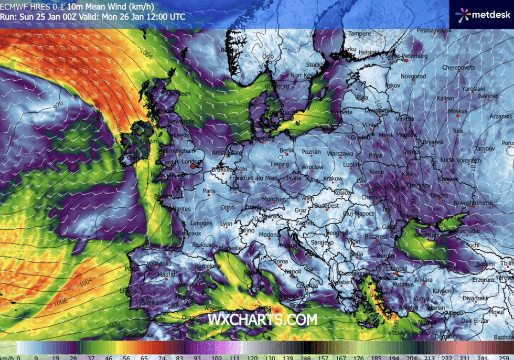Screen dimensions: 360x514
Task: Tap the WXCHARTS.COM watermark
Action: coord(262,319)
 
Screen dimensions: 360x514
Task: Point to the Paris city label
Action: coord(210,191)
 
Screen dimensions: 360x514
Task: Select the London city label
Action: coord(191,162)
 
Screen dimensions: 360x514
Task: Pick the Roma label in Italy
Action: coord(281,261)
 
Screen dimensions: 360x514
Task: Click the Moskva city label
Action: coord(457,111)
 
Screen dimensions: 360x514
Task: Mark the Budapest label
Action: coord(327,206)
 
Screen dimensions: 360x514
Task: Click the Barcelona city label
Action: coord(208,266)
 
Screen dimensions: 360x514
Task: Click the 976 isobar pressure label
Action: coord(58,104)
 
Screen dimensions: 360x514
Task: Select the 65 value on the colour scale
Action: coord(129,356)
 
